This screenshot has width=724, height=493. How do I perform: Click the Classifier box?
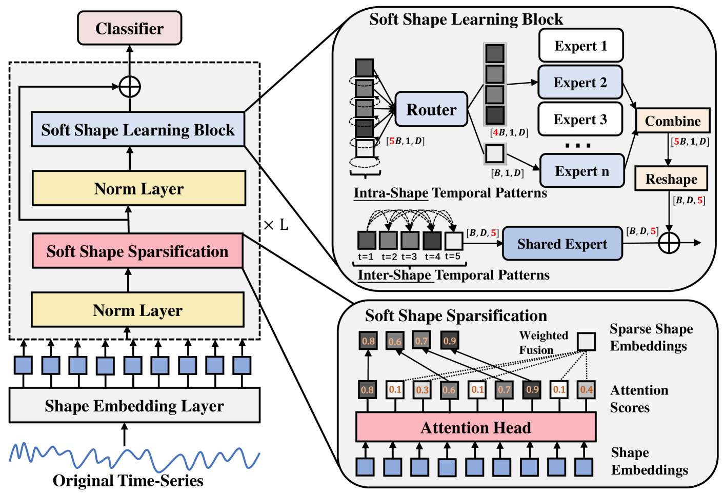[129, 28]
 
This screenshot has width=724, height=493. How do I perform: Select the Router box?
[431, 109]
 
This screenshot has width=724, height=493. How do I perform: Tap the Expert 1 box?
[580, 46]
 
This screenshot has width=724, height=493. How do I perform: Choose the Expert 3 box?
[580, 120]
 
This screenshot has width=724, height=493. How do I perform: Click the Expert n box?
[581, 171]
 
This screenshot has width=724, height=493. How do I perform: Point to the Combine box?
[672, 121]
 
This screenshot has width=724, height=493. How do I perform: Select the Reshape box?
[671, 179]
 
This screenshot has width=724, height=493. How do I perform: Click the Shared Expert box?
[562, 244]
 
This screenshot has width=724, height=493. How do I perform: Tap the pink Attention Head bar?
[475, 427]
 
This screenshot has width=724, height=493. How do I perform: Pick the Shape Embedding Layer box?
[134, 405]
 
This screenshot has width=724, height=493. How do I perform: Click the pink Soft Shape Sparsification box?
[137, 251]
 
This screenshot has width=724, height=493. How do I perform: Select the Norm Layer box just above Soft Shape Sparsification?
[138, 188]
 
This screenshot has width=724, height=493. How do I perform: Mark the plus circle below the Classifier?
[130, 87]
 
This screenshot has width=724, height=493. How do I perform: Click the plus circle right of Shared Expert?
[669, 243]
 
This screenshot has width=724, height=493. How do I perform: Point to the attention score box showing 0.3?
[422, 390]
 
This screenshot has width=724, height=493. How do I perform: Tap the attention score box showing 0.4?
[586, 390]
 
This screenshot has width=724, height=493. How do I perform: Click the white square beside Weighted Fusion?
[586, 341]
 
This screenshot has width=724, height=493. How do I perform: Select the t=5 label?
[453, 257]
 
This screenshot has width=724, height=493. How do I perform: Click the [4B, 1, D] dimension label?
[509, 132]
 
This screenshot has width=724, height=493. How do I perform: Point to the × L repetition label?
[276, 225]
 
